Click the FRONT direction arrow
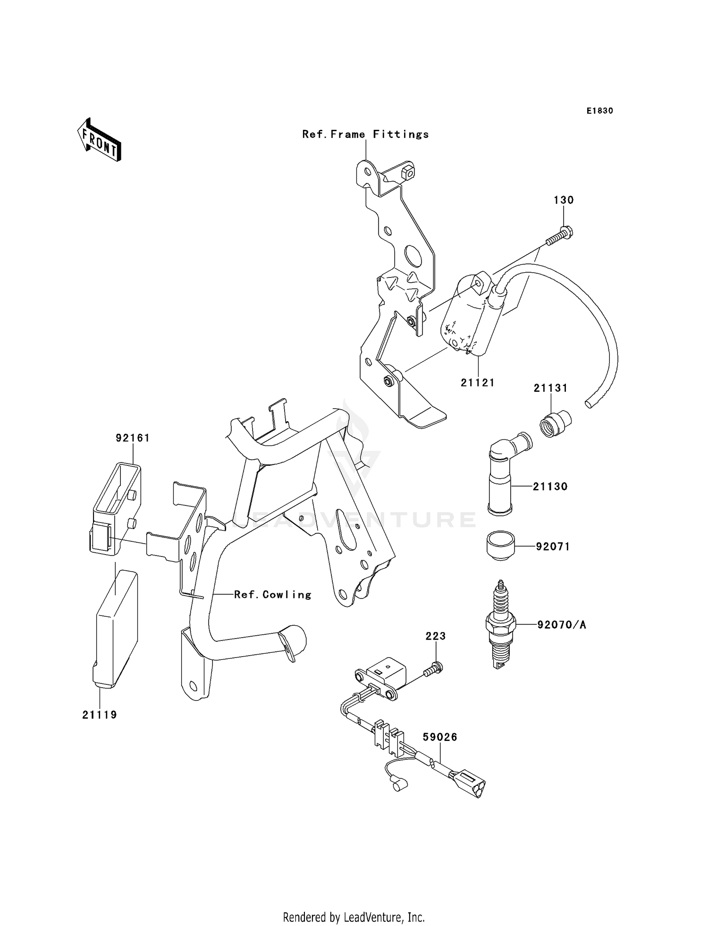(x=100, y=140)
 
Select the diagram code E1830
(x=599, y=111)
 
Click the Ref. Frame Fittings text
(x=365, y=135)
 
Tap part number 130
(x=564, y=200)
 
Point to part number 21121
(x=478, y=383)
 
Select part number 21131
(x=550, y=388)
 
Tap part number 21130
(x=550, y=487)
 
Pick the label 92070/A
(x=562, y=625)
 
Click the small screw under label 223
(x=433, y=669)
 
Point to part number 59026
(x=440, y=737)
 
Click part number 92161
(x=133, y=438)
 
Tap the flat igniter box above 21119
(x=116, y=628)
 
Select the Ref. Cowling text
(x=273, y=595)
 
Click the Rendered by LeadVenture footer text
(x=354, y=917)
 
